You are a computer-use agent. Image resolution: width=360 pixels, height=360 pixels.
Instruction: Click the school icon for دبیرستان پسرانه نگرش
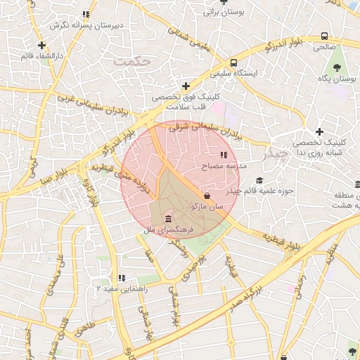[x=86, y=14]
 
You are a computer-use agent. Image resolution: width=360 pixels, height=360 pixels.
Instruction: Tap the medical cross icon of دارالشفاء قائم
[x=43, y=45]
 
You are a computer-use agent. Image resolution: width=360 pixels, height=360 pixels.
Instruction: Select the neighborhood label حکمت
[x=134, y=62]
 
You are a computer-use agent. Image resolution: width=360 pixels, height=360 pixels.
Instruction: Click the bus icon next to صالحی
[x=324, y=36]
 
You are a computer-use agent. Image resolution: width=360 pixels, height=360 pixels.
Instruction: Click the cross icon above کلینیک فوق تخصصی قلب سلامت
[x=186, y=86]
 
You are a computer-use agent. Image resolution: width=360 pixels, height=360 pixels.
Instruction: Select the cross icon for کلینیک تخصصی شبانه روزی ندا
[x=319, y=131]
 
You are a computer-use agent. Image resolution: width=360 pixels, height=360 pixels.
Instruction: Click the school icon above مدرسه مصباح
[x=224, y=155]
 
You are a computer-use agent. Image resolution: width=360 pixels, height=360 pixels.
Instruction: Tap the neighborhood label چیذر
[x=274, y=153]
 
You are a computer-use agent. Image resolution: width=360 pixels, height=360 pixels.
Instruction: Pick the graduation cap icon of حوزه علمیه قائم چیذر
[x=259, y=181]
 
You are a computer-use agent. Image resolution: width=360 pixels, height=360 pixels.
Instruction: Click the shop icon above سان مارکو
[x=207, y=195]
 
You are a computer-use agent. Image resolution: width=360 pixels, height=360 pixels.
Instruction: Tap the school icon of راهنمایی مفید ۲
[x=122, y=278]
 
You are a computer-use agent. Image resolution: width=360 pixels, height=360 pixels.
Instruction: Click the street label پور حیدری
[x=198, y=268]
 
